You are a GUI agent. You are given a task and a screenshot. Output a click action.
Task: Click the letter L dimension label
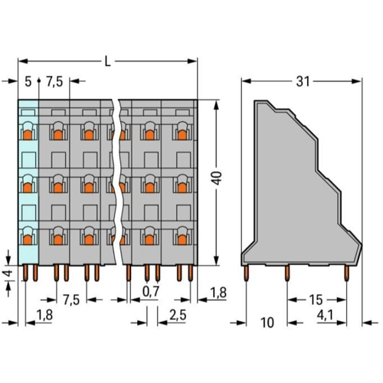point(108,61)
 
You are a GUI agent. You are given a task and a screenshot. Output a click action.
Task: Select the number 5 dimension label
point(28,82)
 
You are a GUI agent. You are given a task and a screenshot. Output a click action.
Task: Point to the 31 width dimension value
point(303,82)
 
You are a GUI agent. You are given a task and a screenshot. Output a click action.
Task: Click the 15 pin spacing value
point(316,300)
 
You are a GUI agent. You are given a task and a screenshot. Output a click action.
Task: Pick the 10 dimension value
point(267,322)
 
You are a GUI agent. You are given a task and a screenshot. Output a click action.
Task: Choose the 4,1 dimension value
point(325,316)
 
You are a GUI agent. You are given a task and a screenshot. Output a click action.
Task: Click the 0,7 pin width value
point(151,291)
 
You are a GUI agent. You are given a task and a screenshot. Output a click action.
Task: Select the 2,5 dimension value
point(178,316)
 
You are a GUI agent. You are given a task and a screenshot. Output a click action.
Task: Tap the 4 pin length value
point(8,273)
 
